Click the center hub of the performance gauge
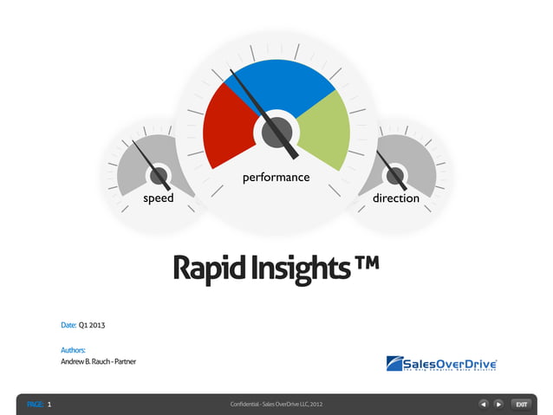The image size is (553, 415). coord(276,133)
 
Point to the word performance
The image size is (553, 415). coord(276,178)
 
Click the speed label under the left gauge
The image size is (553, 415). coord(159,198)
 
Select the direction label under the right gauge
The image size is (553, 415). coord(396,198)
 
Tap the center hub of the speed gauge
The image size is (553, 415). coord(159,176)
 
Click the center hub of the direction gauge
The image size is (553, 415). coord(395,176)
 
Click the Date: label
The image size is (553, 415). coord(68,325)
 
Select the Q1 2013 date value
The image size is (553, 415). coord(92,325)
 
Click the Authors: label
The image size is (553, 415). coord(73,350)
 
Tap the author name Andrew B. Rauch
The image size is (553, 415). coord(85,360)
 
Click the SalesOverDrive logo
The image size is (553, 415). coord(441,363)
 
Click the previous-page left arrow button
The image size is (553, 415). coord(485,404)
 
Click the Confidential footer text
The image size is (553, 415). coord(276,405)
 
